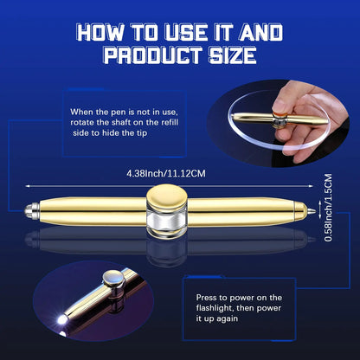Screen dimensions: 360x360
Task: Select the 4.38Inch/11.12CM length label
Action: tap(177, 172)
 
